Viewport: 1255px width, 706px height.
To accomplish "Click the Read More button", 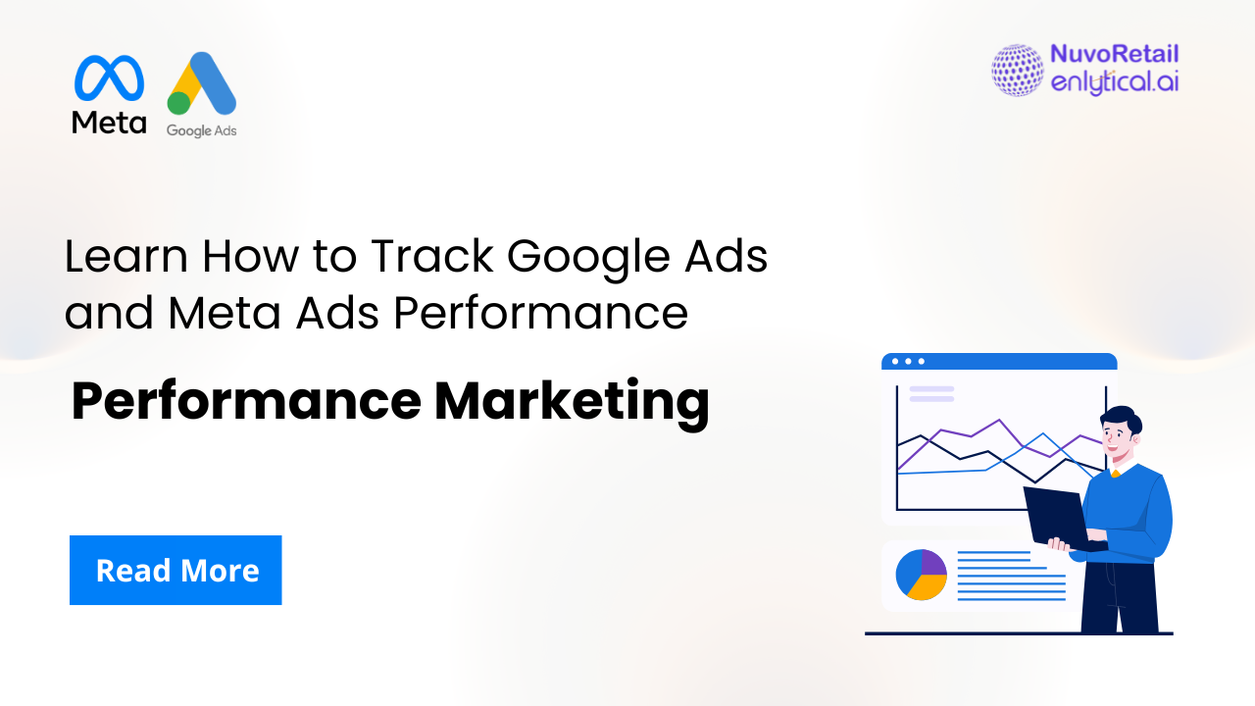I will click(176, 570).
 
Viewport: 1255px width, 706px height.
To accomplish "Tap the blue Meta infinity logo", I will click(109, 77).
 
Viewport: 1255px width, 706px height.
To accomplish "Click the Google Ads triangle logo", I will click(202, 84).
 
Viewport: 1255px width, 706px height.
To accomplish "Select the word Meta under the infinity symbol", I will click(109, 123).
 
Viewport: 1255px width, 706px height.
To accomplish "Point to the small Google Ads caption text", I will click(201, 129).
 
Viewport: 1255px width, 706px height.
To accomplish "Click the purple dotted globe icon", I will click(1017, 70).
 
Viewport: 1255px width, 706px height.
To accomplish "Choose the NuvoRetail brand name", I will click(1114, 55).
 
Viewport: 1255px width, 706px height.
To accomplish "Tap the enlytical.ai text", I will click(1114, 82).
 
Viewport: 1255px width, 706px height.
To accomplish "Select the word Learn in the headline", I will click(125, 257).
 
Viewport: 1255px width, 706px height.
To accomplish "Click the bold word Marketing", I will click(572, 403).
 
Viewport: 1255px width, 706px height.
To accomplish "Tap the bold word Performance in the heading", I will click(246, 403).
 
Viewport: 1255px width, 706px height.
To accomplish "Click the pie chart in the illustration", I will click(922, 574).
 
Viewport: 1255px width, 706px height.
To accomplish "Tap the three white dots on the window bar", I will click(908, 361).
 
